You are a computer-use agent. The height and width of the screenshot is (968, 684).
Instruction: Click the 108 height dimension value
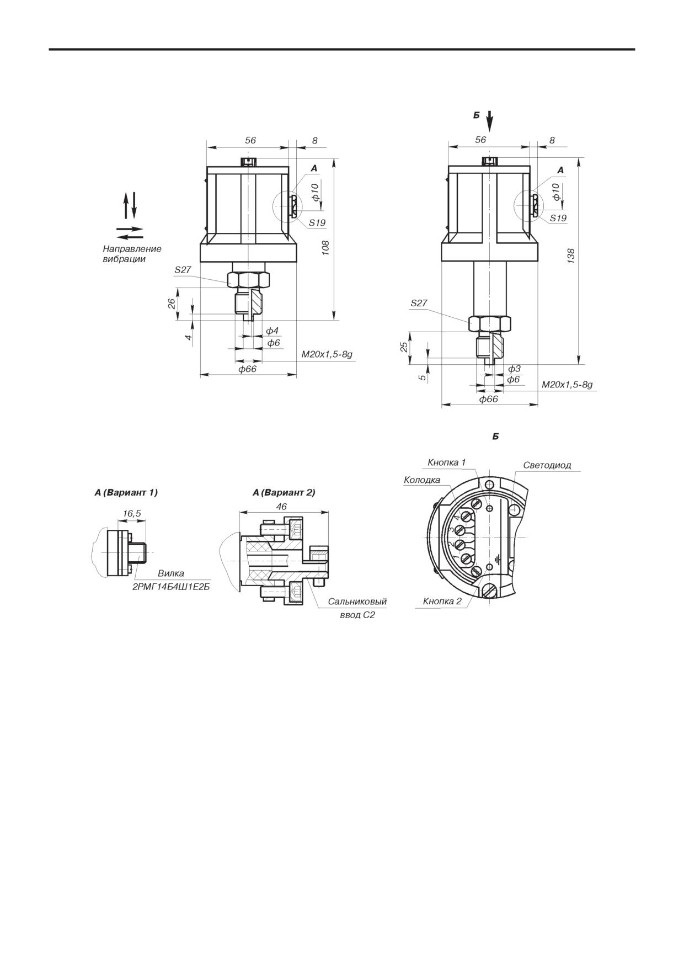coord(325,247)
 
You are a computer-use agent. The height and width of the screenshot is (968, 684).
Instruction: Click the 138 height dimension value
coord(571,256)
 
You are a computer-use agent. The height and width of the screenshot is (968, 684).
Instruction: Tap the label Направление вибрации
coord(132,254)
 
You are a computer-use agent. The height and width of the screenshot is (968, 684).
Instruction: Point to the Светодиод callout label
coord(547,465)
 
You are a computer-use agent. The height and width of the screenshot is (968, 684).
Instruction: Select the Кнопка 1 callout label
coord(447,462)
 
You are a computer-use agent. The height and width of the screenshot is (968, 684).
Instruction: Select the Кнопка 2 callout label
coord(442,601)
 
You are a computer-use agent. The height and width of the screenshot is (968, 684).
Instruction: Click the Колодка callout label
coord(422,480)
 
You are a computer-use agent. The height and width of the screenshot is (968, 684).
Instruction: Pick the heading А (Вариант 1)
coord(126,493)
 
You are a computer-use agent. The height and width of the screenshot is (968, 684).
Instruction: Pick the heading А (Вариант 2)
coord(284,493)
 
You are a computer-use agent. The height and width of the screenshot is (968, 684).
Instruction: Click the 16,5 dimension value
coord(132,513)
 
